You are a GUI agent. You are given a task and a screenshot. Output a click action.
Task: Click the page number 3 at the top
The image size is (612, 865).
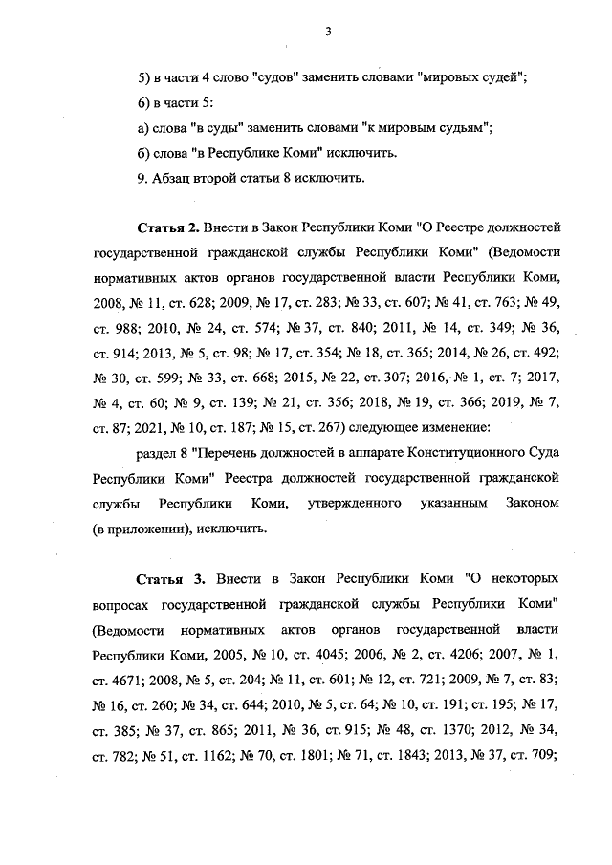coord(327,31)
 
